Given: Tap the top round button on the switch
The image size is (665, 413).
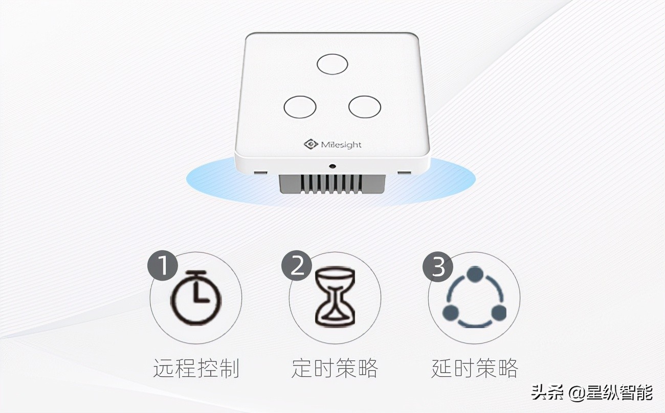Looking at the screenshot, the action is point(332,64).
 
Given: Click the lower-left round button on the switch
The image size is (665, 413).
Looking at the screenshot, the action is point(300,107).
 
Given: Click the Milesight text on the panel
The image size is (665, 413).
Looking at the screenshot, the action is point(341,145).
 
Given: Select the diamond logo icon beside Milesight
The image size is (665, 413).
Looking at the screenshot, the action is point(311,144).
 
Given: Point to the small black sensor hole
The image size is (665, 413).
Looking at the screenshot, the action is point(332,166).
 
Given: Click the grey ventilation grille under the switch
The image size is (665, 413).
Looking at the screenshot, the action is point(331,184).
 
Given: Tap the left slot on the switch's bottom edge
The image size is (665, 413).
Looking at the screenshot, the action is point(261,172).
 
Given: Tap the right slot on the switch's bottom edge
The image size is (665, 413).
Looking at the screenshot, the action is point(404,172).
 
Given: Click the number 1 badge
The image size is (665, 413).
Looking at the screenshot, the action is point(163,266).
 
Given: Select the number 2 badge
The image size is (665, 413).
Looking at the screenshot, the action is point(297,266).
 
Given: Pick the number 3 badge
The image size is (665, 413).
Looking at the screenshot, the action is point(438,266).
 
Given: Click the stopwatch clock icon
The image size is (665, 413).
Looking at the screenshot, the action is point(196,297).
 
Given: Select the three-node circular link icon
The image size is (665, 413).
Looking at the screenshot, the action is point(474,297).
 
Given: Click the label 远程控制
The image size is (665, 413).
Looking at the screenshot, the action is point(196,368).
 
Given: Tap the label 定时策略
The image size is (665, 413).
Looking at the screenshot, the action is point(335,368).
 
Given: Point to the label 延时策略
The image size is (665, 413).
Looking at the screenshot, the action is point(474,368).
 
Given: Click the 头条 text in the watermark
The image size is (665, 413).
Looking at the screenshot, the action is point(547,393).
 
